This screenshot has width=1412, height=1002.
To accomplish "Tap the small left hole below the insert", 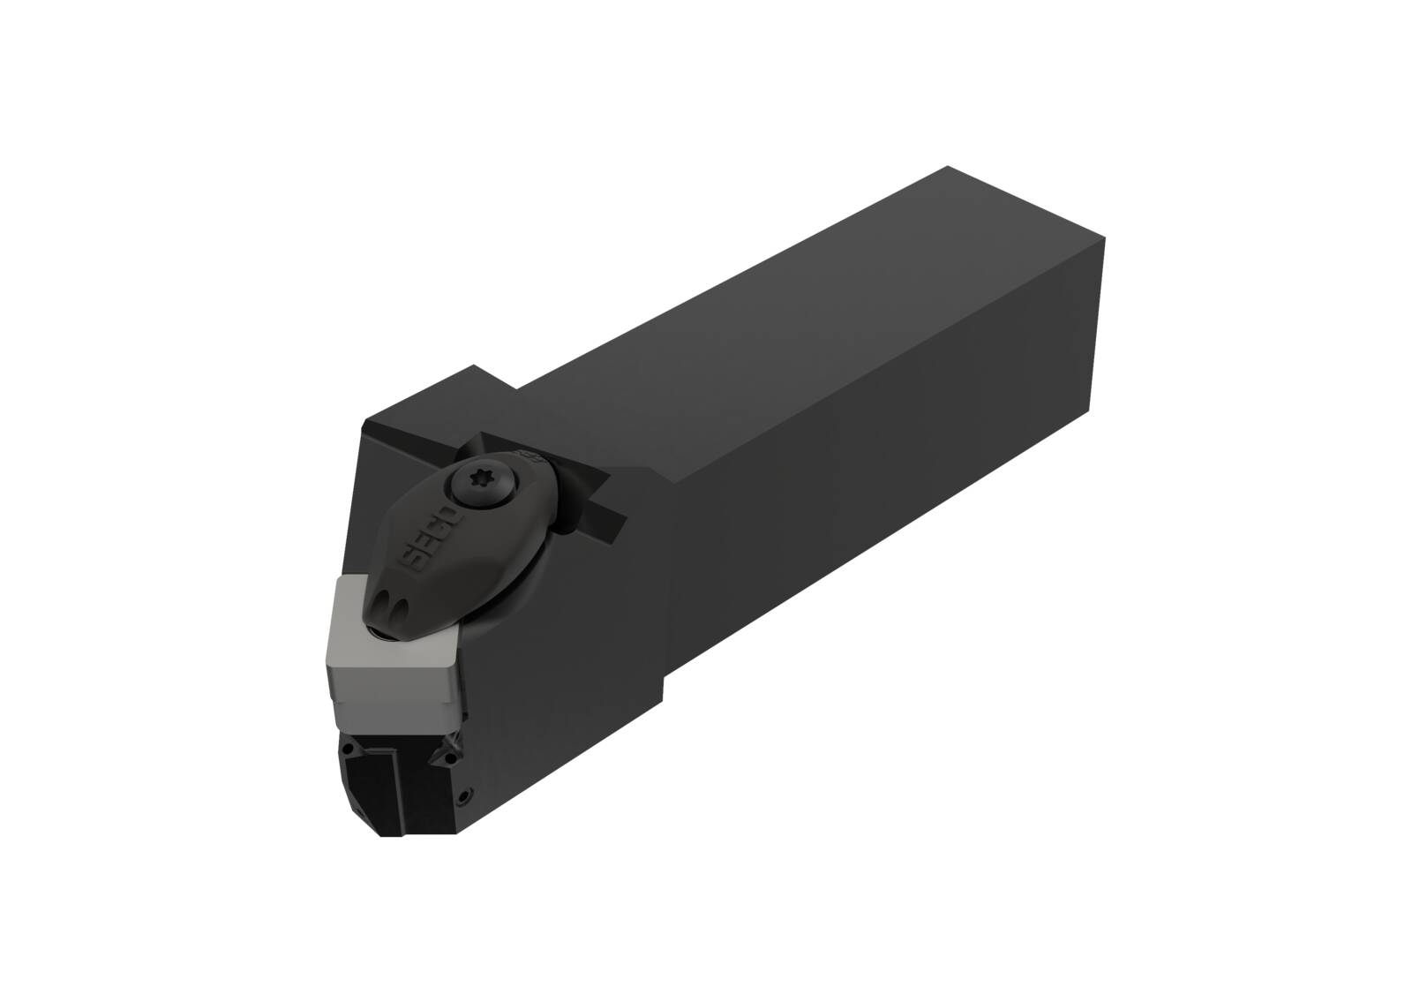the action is tap(348, 751).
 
